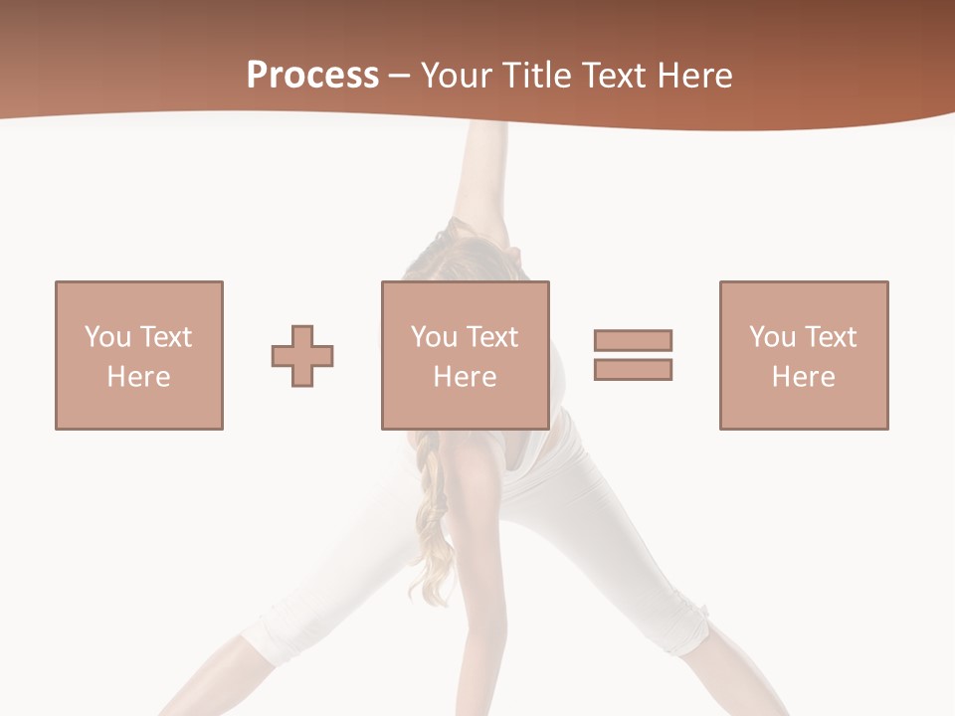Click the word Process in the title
tap(312, 76)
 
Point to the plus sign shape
tap(302, 356)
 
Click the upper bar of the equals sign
tap(633, 340)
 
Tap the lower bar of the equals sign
tap(633, 370)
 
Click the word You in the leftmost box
tap(107, 337)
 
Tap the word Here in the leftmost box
tap(138, 377)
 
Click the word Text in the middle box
tap(492, 337)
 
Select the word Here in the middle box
tap(465, 377)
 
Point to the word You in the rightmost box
tap(772, 337)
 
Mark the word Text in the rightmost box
tap(831, 337)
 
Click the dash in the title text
tap(400, 77)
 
